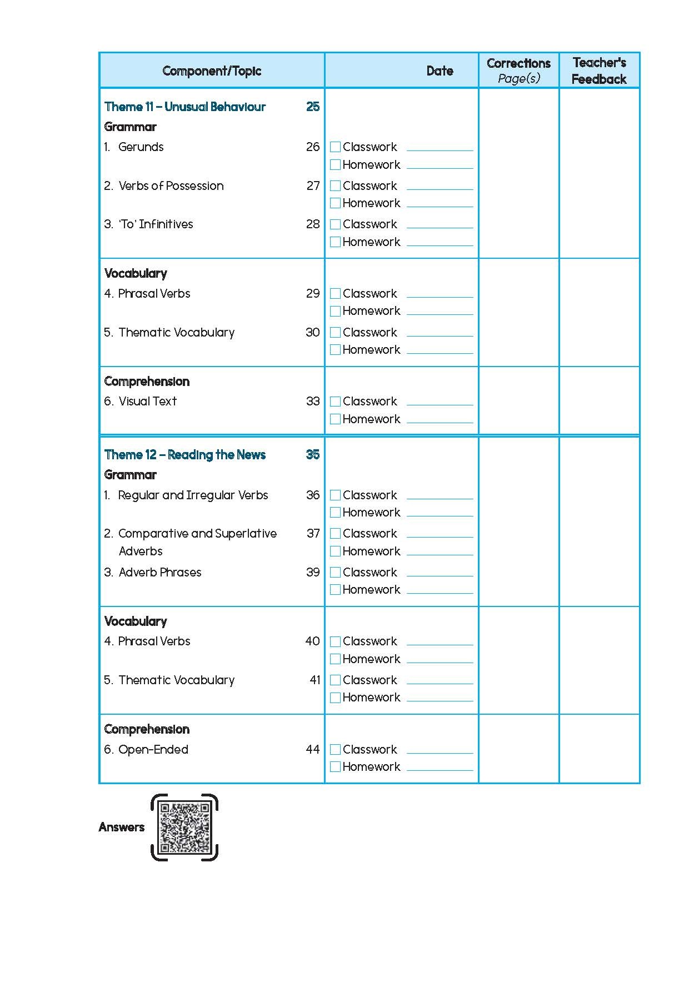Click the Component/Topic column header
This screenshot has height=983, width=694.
(212, 71)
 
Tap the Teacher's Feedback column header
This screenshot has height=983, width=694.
(599, 71)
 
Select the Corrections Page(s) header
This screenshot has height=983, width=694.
(518, 71)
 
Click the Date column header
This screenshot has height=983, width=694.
(440, 71)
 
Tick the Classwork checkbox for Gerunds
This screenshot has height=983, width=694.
(335, 147)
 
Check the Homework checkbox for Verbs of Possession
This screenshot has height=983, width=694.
(335, 203)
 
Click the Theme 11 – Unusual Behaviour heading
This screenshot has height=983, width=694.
(185, 107)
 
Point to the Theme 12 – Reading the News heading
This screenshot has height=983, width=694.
(185, 455)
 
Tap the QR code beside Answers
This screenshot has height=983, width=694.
(184, 827)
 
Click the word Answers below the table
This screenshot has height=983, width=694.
(121, 827)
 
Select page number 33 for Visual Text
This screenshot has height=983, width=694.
(313, 402)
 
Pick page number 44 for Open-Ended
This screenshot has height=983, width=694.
(313, 750)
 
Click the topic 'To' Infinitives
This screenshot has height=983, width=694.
(156, 224)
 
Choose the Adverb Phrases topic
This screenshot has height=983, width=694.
(160, 573)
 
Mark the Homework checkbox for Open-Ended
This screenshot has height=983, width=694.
(335, 767)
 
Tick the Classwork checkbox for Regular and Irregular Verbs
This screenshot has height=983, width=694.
(335, 495)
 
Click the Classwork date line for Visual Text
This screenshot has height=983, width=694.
(440, 404)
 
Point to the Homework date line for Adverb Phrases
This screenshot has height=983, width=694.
(440, 593)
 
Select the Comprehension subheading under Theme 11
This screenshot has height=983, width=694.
(147, 382)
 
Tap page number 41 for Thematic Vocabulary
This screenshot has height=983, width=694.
(315, 680)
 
